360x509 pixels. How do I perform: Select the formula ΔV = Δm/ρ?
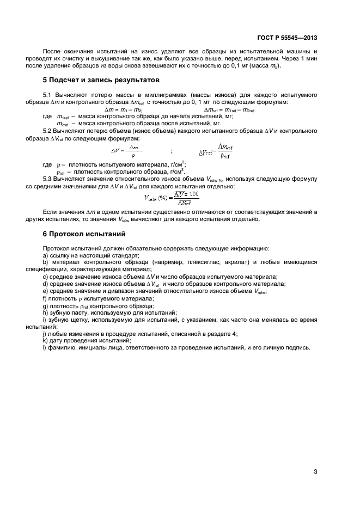[x=127, y=152]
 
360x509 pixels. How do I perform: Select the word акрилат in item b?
[x=245, y=262]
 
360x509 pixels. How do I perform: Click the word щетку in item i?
[x=76, y=320]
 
